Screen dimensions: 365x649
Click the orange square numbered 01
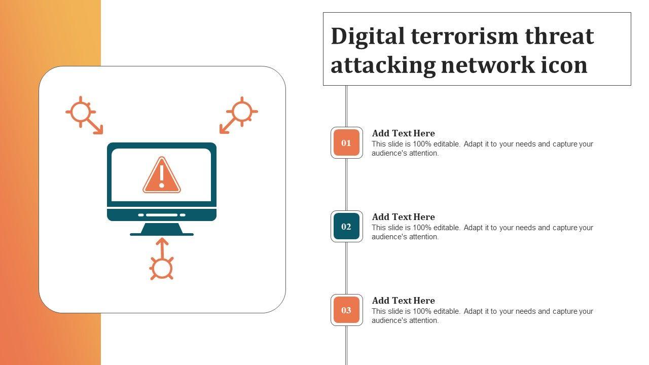346,143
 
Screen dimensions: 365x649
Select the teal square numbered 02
346,227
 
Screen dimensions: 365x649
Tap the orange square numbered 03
346,310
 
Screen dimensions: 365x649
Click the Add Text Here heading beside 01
403,133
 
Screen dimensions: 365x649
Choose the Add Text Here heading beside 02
403,217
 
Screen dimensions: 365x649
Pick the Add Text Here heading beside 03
403,301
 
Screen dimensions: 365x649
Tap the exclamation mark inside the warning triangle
162,174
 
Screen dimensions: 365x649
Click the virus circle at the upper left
80,112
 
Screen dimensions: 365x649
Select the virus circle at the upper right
242,112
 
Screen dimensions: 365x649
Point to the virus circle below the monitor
162,269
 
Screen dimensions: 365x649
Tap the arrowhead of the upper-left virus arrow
99,131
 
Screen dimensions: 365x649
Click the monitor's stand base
162,234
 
